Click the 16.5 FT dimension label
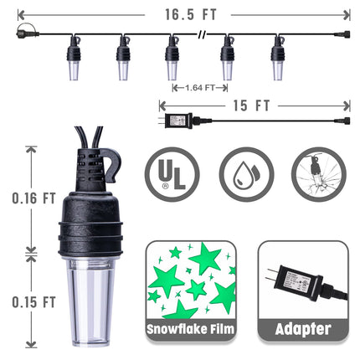click(x=191, y=14)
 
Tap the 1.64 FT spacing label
click(x=200, y=88)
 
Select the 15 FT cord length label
click(x=252, y=105)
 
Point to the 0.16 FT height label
click(x=33, y=198)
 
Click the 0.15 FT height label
click(x=33, y=302)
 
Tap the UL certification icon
click(x=172, y=174)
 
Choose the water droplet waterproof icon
click(x=246, y=174)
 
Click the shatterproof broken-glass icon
click(x=319, y=174)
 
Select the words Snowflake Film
click(x=190, y=329)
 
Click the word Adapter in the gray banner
click(x=303, y=329)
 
